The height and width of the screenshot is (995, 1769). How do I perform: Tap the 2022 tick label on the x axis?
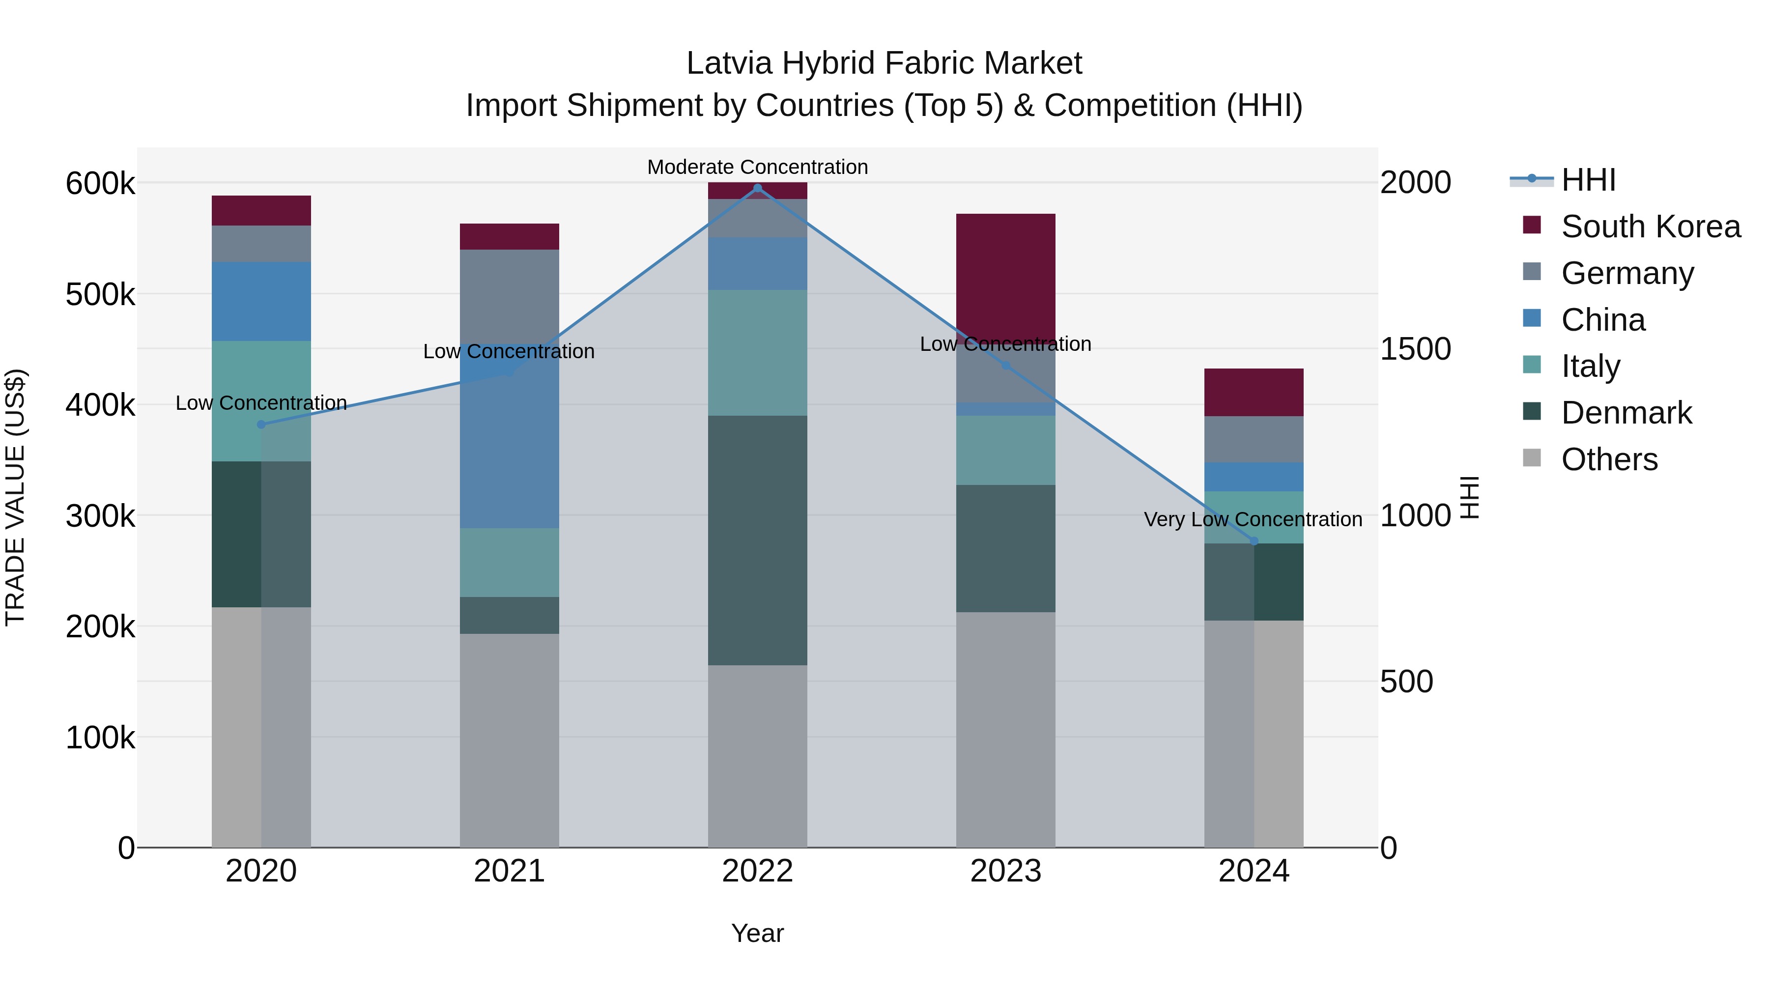click(x=757, y=871)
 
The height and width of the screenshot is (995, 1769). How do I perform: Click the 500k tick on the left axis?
click(x=100, y=295)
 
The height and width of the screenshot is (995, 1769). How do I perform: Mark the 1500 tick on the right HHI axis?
click(x=1415, y=349)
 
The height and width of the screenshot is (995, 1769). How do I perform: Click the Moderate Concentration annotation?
click(x=757, y=167)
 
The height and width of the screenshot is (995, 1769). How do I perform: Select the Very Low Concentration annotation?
click(x=1253, y=519)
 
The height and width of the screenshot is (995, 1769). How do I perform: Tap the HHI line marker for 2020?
click(x=261, y=425)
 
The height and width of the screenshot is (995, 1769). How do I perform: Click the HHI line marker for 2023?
click(x=1006, y=365)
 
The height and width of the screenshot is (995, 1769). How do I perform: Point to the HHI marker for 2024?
click(x=1254, y=541)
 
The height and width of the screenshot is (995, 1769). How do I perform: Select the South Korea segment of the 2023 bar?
click(x=1005, y=275)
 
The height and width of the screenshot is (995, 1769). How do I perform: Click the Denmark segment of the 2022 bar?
click(x=757, y=540)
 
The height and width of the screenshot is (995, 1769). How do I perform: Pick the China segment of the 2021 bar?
click(x=509, y=439)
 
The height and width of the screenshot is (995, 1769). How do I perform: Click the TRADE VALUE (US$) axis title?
click(x=15, y=497)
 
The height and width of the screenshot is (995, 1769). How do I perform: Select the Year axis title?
click(x=757, y=933)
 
